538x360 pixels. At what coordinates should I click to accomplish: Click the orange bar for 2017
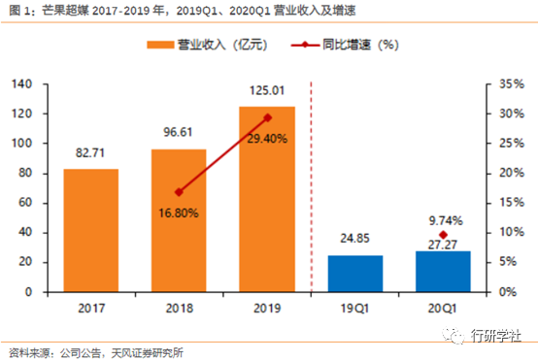(x=90, y=230)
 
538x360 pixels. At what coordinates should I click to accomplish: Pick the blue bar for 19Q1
(x=354, y=274)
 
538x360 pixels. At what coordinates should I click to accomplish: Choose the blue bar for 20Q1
(x=443, y=272)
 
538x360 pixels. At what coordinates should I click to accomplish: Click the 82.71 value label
(x=90, y=155)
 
